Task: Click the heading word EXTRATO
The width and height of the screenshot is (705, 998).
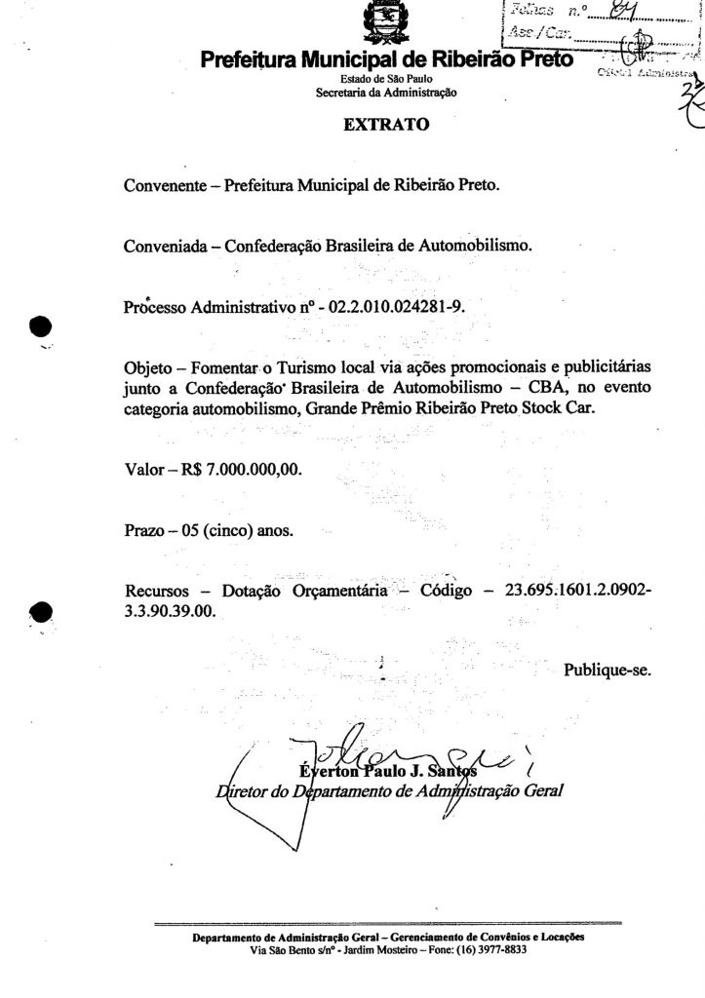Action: [385, 125]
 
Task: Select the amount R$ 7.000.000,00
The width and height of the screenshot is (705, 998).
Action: [241, 470]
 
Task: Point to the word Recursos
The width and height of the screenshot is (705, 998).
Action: [158, 593]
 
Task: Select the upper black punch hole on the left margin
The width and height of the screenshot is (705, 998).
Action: [40, 327]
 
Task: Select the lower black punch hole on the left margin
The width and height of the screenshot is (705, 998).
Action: [40, 612]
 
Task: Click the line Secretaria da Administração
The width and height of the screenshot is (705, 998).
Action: [385, 93]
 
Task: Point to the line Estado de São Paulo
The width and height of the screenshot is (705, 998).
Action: [385, 80]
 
